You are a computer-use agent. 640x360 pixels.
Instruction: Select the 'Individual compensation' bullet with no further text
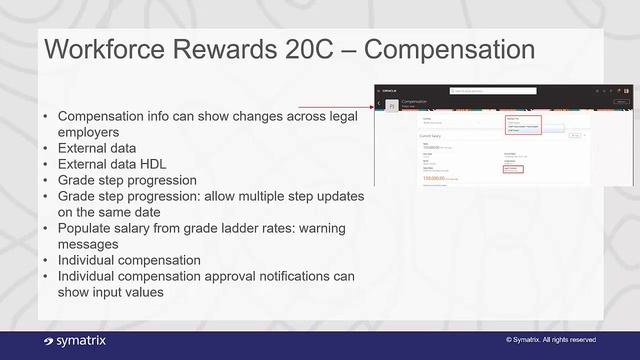pyautogui.click(x=129, y=260)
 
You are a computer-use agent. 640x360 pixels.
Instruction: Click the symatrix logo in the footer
pyautogui.click(x=75, y=341)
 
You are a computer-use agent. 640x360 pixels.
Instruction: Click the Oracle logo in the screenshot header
pyautogui.click(x=390, y=90)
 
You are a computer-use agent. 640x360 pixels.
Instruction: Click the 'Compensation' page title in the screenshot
pyautogui.click(x=417, y=101)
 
